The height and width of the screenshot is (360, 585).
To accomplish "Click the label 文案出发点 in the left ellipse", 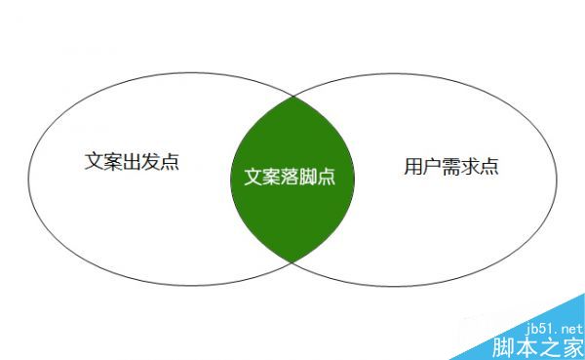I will point(131,160).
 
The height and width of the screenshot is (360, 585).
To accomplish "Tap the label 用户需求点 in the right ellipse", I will point(451,166).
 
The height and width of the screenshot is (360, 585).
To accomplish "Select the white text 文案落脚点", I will point(292,179).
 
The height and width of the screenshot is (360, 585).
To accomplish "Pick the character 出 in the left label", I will point(131,160).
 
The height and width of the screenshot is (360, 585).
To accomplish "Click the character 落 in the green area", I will point(292,179).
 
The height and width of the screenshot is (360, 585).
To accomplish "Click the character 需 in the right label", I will point(451,166).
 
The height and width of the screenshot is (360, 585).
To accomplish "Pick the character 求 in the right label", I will point(471,166).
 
